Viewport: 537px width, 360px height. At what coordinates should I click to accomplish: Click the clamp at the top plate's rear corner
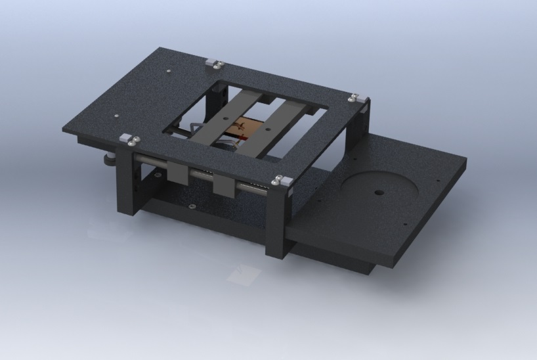pyautogui.click(x=214, y=63)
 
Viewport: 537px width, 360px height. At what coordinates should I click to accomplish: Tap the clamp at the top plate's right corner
pyautogui.click(x=354, y=98)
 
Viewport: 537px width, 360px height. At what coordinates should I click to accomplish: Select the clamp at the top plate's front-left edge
pyautogui.click(x=129, y=139)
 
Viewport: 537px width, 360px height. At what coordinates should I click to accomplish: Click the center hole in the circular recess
pyautogui.click(x=379, y=193)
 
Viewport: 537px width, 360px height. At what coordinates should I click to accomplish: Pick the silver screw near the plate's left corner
pyautogui.click(x=116, y=118)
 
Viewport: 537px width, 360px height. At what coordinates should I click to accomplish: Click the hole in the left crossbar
pyautogui.click(x=226, y=120)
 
